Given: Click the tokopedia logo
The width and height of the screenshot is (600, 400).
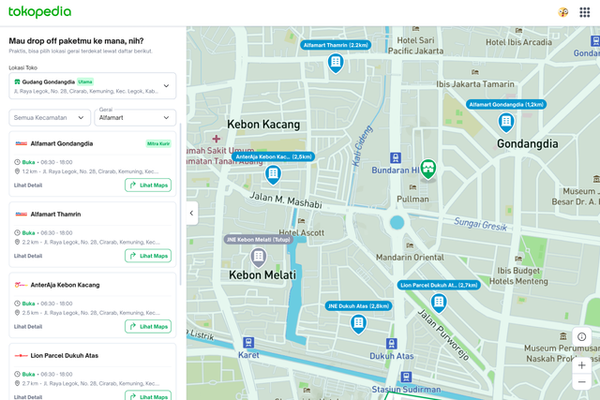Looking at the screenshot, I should (39, 12).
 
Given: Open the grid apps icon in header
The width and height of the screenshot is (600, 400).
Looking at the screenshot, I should (584, 12).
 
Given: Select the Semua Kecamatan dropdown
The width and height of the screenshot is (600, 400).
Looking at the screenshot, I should (51, 118).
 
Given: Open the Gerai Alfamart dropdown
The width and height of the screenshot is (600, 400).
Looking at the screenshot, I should (136, 118).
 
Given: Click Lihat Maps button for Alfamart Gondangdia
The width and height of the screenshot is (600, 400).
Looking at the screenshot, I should (148, 185).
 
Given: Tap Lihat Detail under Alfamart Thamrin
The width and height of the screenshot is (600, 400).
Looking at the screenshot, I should (28, 256).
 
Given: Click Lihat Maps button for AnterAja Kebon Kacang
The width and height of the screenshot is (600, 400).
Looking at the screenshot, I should (148, 327).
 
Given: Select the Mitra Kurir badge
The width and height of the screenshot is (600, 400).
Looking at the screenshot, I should (158, 144).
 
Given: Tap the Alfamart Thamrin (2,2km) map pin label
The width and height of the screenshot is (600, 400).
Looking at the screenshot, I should (335, 45).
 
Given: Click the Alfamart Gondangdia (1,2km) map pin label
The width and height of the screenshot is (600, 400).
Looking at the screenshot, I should (506, 105).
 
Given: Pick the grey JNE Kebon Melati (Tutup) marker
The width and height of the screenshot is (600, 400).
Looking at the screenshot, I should (258, 256).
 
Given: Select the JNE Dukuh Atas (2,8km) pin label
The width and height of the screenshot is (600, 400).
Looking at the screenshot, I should (357, 306).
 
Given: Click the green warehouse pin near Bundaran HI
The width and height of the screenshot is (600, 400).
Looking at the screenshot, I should (428, 169).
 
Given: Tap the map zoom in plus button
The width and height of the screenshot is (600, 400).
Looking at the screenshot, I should (581, 364).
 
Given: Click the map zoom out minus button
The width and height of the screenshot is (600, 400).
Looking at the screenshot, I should (581, 382).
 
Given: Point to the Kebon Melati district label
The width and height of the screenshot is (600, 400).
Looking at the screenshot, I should (262, 275).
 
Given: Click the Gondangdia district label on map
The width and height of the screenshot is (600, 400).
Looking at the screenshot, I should (515, 144).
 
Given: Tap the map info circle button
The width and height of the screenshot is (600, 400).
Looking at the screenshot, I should (581, 337).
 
